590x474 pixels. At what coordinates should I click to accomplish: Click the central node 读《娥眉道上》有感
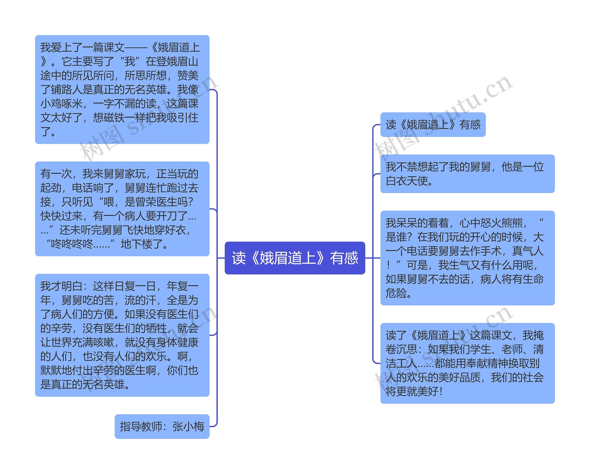point(295,258)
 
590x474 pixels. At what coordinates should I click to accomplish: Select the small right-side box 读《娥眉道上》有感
point(433,124)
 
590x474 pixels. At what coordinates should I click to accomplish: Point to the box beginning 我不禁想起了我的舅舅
point(467,174)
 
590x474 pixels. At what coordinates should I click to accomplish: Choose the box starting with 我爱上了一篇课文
point(122,89)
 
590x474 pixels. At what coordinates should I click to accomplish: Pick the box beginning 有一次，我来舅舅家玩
point(122,209)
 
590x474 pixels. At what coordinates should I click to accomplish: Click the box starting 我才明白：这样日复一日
point(122,335)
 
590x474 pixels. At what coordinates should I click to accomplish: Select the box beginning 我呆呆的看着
point(467,258)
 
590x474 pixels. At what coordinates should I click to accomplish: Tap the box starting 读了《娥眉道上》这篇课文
point(467,363)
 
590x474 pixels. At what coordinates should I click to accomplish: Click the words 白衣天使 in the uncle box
point(407,181)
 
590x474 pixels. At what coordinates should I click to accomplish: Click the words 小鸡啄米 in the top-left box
point(62,103)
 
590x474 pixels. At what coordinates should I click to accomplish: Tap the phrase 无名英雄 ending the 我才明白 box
point(104,385)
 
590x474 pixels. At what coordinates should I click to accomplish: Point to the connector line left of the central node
point(221,258)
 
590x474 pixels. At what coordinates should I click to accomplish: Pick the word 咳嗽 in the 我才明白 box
point(104,342)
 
